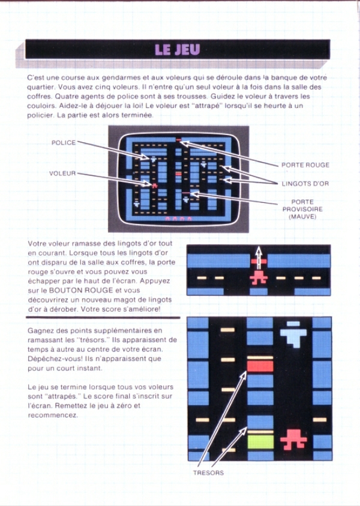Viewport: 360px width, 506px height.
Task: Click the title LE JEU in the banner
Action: coord(178,49)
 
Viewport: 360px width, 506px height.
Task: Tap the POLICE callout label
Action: coord(64,142)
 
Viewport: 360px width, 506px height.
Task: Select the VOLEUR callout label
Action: coord(62,173)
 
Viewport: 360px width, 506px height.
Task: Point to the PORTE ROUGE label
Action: coord(305,165)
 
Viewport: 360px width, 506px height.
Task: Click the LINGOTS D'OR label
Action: coord(305,184)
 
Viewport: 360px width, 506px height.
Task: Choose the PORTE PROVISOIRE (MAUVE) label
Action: coord(302,209)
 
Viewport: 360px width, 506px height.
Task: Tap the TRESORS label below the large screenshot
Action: coord(208,472)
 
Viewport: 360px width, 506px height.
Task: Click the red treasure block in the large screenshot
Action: coord(260,366)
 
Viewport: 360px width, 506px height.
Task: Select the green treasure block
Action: coord(260,442)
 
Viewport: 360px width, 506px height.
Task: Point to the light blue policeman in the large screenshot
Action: coord(293,334)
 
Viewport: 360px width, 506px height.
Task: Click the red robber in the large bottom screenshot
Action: coord(293,439)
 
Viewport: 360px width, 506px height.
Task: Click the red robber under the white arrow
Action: coord(259,277)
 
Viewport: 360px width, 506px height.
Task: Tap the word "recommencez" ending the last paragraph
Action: coord(53,415)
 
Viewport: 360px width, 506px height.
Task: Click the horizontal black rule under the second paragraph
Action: coord(103,316)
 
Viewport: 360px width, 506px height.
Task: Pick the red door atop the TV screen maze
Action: coord(178,139)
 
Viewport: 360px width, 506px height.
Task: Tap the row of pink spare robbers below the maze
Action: coord(178,218)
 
